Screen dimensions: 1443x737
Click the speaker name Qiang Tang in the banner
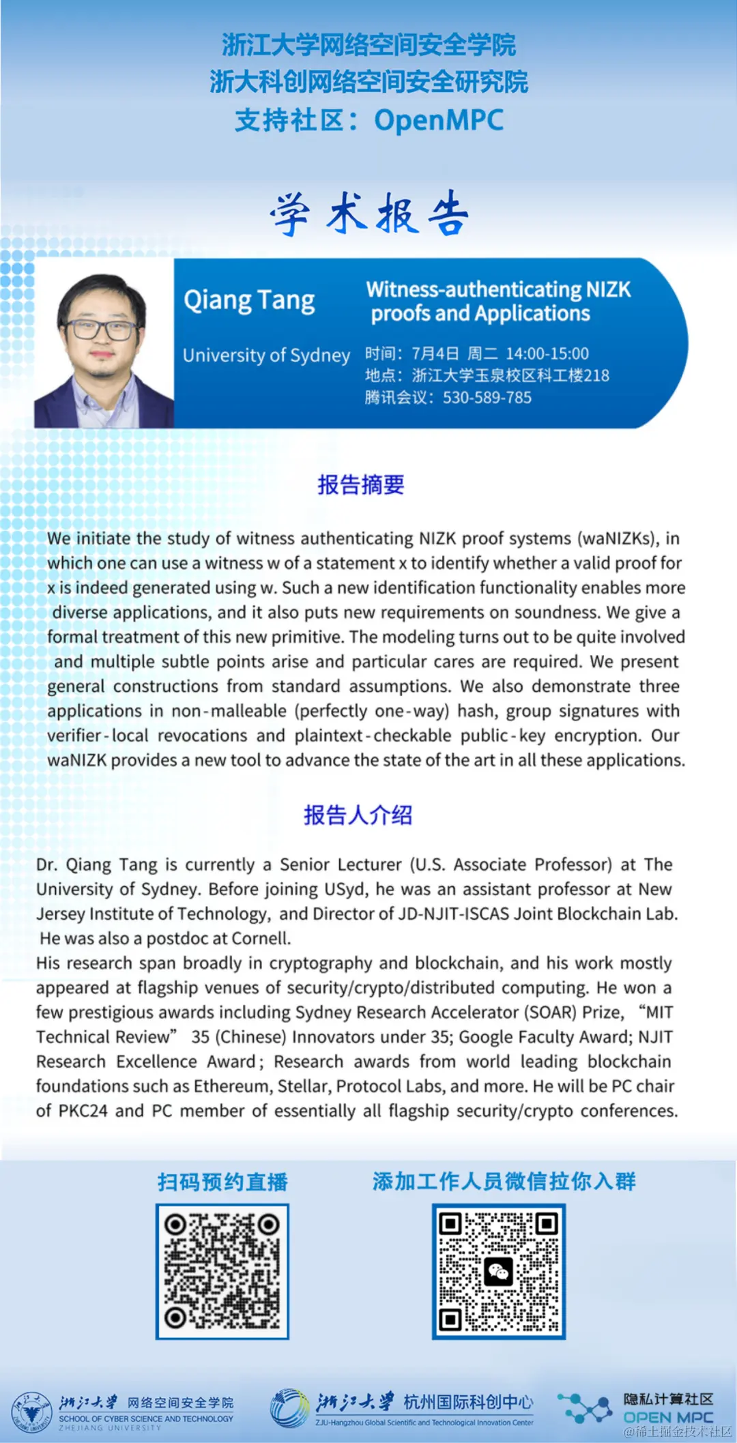point(249,300)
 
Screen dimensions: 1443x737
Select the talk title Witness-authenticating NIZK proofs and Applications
point(498,301)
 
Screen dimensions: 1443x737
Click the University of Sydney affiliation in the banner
point(266,355)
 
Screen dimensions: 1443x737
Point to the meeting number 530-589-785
point(487,398)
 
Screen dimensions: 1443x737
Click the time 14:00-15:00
point(547,353)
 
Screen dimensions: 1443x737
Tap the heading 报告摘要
point(361,484)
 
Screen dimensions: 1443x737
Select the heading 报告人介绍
point(358,815)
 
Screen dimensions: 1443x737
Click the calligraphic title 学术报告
point(369,214)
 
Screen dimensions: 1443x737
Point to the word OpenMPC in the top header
point(438,121)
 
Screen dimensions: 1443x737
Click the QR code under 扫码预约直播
point(222,1271)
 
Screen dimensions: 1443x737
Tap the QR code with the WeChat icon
point(498,1271)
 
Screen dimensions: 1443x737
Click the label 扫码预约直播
point(222,1182)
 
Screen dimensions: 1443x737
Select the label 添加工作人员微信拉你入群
point(504,1181)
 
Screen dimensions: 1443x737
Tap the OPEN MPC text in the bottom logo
point(668,1418)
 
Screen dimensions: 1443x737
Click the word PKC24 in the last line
point(83,1111)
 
